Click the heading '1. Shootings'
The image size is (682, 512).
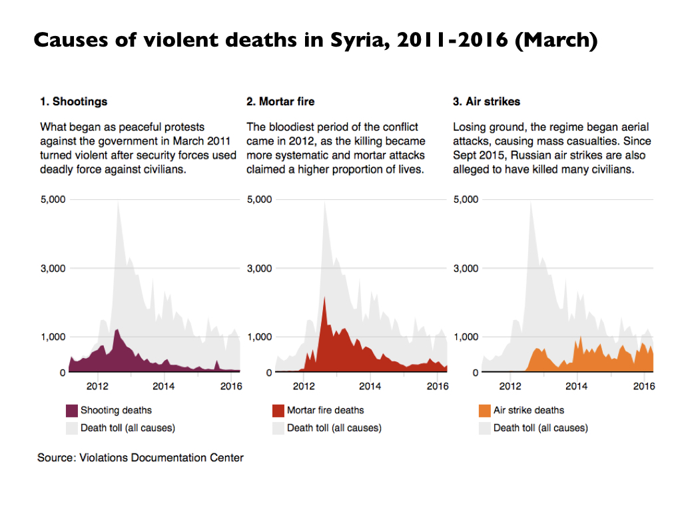point(74,102)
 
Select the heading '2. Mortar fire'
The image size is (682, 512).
point(280,102)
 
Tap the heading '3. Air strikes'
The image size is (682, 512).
point(486,102)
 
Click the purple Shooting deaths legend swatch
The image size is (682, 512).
point(72,411)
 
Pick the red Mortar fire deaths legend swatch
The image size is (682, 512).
point(278,411)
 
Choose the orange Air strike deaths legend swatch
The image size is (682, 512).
point(485,411)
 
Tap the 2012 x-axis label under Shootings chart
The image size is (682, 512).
point(97,386)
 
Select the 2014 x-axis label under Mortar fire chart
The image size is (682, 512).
point(370,386)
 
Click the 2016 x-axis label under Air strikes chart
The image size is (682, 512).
point(643,386)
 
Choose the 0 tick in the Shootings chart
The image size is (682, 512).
point(63,372)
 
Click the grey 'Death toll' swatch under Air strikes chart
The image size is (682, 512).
point(485,428)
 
